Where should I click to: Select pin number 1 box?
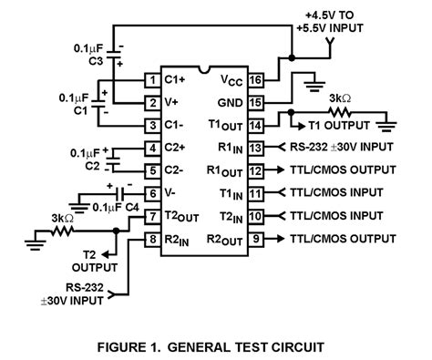pos(152,79)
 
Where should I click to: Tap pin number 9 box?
pos(258,240)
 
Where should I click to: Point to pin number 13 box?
pos(258,147)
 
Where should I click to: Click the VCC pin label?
pos(231,79)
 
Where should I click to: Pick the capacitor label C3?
pos(96,61)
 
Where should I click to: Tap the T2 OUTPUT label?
pos(94,262)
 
